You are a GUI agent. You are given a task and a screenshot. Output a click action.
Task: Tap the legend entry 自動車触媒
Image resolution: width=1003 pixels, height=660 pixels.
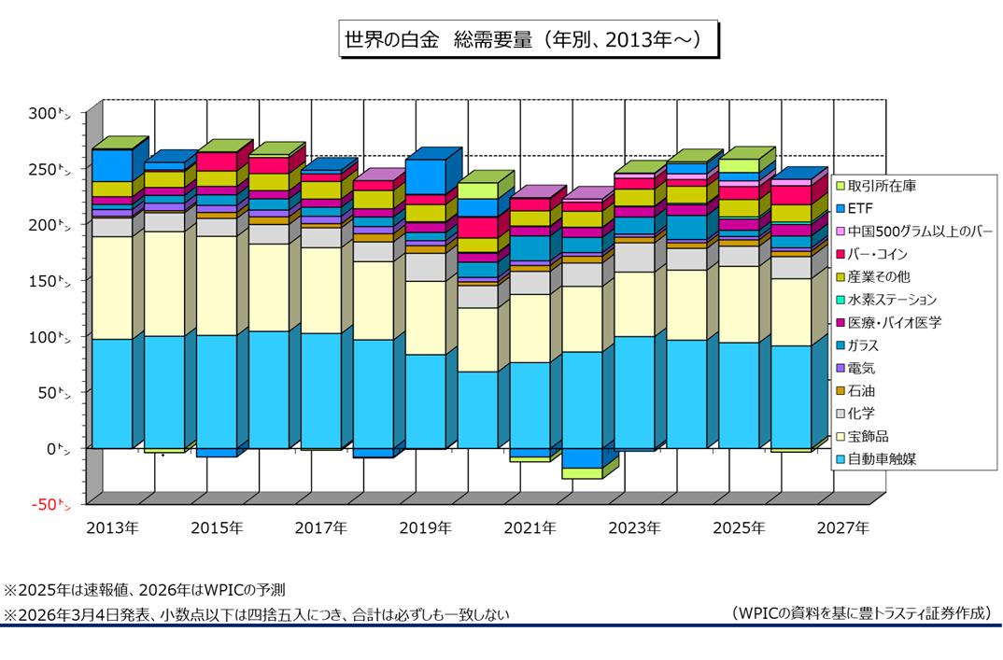(881, 459)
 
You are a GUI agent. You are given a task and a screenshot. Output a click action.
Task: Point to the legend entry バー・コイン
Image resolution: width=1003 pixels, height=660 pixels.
(883, 254)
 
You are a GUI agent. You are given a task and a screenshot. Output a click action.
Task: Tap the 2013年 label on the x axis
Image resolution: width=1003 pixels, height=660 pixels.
(112, 528)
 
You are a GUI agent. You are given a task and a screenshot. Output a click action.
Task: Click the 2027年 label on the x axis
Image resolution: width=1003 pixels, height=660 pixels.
(842, 528)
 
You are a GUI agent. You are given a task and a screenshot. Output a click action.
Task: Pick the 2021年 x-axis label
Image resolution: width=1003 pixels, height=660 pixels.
(530, 528)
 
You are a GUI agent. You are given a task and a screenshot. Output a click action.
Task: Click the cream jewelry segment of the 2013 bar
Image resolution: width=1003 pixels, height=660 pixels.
(111, 288)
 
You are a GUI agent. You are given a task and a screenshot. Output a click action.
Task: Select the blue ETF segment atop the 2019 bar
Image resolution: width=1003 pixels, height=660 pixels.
(426, 176)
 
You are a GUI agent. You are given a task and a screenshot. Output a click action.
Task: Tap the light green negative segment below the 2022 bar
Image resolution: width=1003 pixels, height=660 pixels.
(581, 473)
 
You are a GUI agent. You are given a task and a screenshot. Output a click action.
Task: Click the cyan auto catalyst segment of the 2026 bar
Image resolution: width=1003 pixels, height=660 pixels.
(790, 397)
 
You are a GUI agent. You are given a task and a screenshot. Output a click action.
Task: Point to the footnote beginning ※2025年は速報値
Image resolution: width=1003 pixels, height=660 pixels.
(145, 590)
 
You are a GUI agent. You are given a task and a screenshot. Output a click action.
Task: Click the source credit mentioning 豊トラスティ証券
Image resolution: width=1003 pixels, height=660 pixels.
(861, 613)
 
